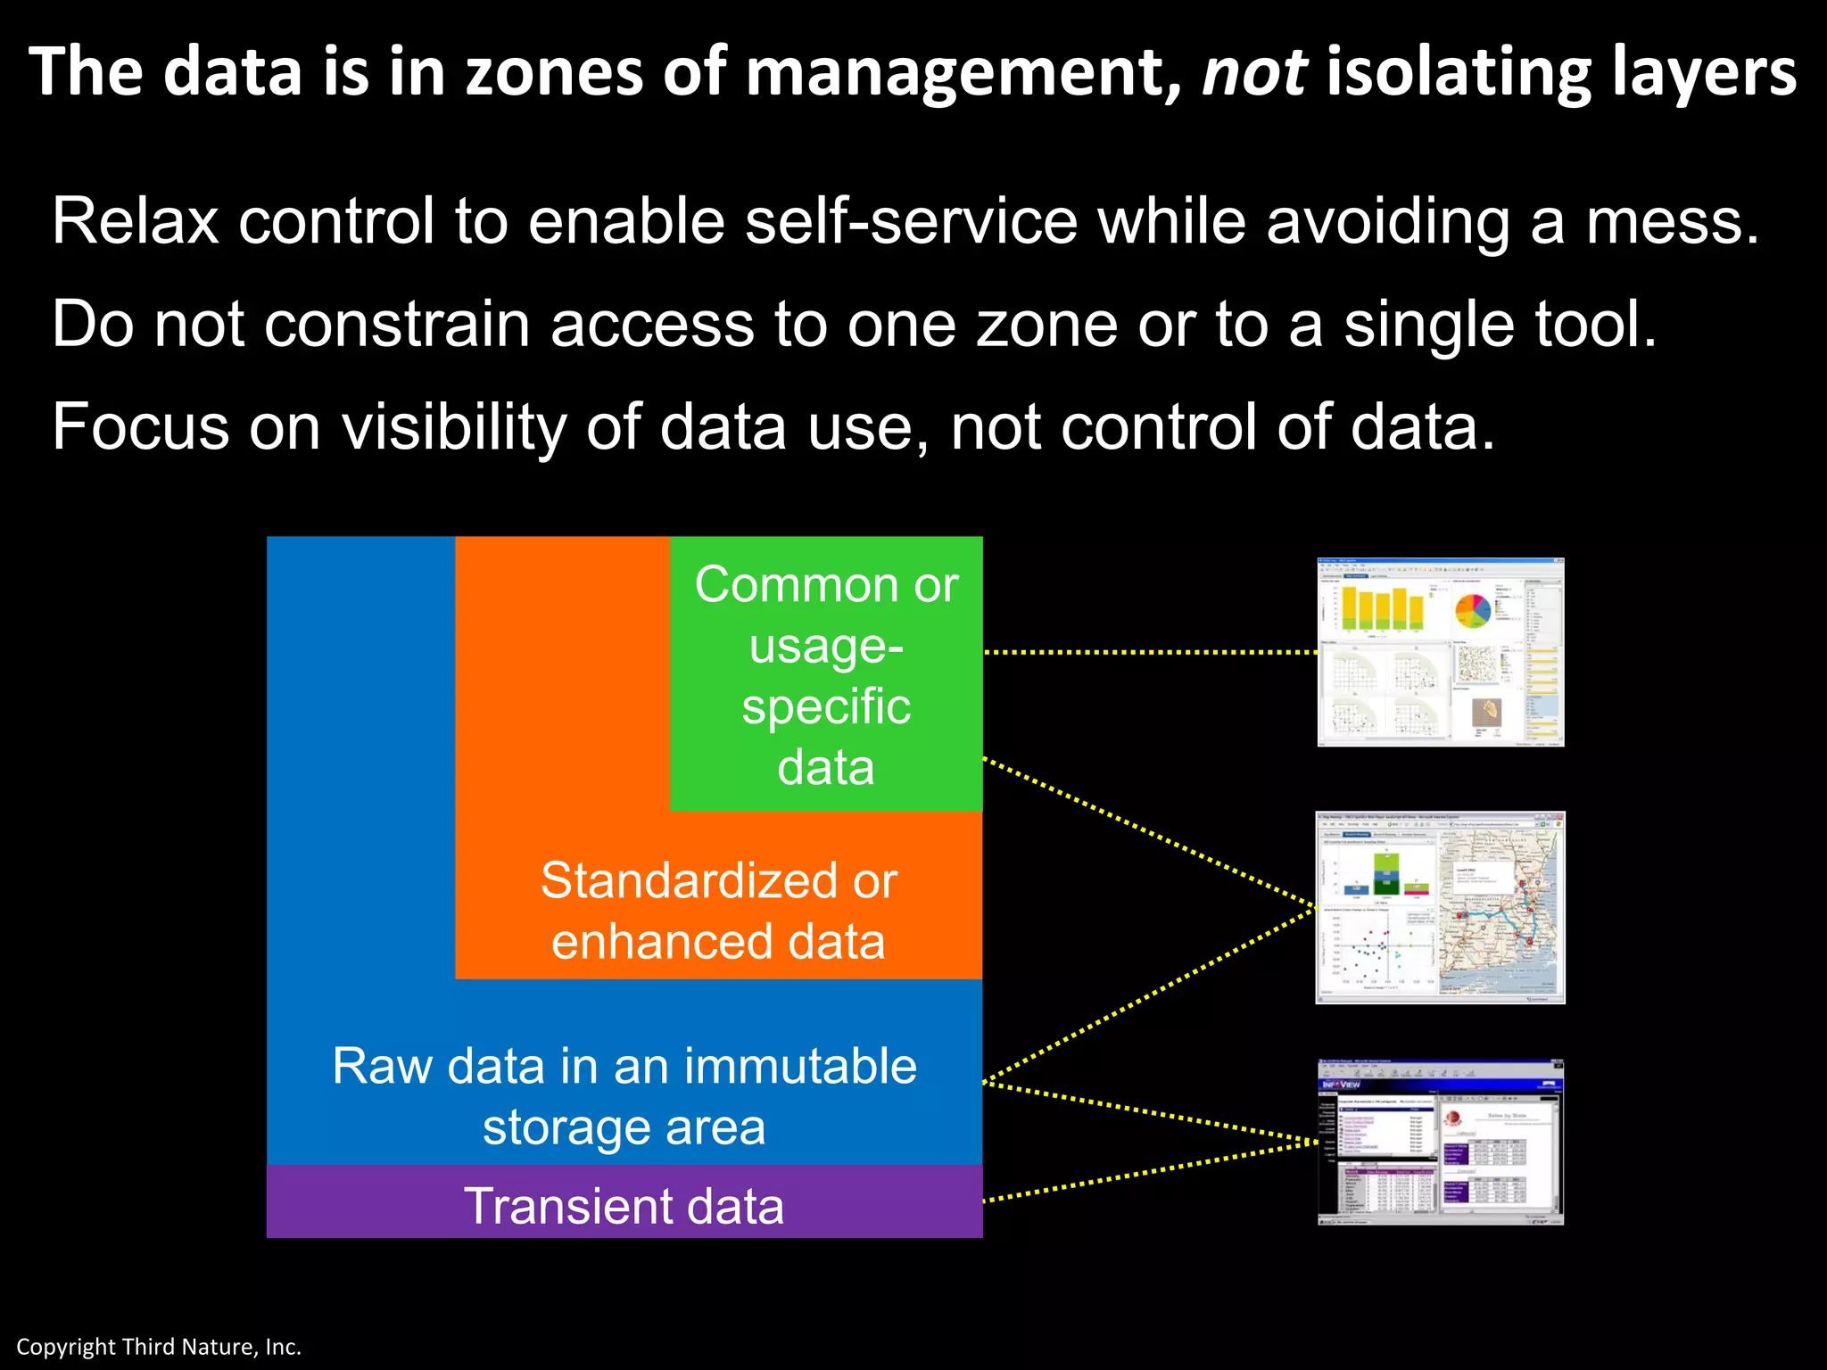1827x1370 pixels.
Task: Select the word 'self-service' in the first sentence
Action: coord(911,221)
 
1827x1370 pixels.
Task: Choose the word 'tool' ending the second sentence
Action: coord(1593,324)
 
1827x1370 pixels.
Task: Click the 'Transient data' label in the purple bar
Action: coord(624,1206)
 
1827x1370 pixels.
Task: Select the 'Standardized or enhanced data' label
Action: coord(718,911)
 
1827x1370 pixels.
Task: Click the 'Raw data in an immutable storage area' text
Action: coord(624,1096)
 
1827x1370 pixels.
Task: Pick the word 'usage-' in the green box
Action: coord(826,645)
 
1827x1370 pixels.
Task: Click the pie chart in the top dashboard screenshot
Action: coord(1473,610)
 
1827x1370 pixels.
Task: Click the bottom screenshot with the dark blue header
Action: coord(1440,1143)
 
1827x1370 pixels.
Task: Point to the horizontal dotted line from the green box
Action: coord(1151,652)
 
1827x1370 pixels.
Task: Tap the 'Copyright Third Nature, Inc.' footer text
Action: coord(159,1347)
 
